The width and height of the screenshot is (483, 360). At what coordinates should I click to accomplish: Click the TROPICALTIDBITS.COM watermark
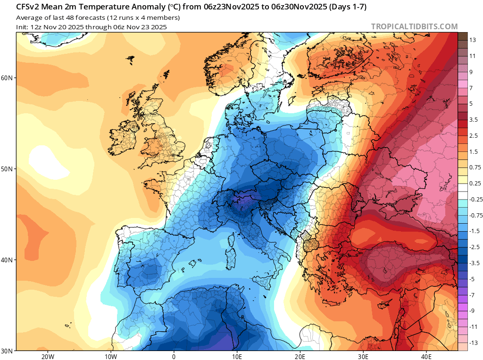click(x=414, y=26)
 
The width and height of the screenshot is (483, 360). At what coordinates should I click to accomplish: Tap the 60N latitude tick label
click(x=9, y=78)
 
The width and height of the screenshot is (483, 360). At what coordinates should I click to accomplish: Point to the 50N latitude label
click(x=9, y=169)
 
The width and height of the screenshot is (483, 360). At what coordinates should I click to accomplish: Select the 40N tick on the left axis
click(x=9, y=260)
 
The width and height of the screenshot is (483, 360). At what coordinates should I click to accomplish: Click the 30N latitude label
click(x=9, y=351)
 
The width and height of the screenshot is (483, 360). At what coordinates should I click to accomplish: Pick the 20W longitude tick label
click(x=47, y=356)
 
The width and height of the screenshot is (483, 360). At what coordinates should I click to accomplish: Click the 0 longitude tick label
click(x=174, y=356)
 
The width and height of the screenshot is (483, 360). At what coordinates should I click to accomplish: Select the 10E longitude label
click(x=237, y=356)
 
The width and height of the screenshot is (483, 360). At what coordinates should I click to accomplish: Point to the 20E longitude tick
click(x=300, y=356)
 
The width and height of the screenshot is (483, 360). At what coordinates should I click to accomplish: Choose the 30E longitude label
click(x=363, y=356)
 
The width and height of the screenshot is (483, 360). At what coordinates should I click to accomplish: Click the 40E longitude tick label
click(x=426, y=356)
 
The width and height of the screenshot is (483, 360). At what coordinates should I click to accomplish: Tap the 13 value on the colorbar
click(x=472, y=40)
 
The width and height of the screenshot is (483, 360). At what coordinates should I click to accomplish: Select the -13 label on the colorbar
click(x=474, y=343)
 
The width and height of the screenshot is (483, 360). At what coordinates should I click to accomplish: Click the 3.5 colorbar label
click(x=474, y=120)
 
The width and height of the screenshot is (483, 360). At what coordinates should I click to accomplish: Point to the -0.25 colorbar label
click(x=475, y=200)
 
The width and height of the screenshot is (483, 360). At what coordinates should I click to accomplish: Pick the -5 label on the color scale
click(x=472, y=279)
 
